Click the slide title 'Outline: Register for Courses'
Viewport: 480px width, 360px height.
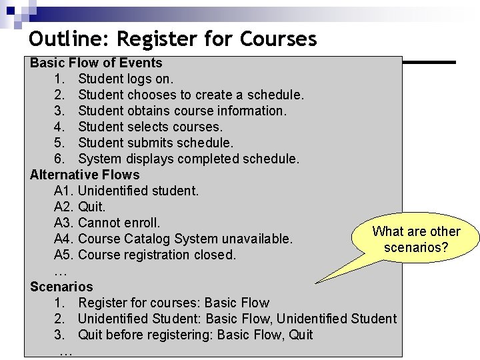(173, 39)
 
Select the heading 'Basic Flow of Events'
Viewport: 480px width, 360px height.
(96, 63)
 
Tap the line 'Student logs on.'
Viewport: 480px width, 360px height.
(125, 79)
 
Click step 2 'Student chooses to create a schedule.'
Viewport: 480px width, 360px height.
(191, 95)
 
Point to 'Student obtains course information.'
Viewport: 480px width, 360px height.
(182, 111)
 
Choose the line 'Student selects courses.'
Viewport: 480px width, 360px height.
(150, 127)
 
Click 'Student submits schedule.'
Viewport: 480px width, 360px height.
(155, 143)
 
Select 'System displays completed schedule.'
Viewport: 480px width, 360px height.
(189, 159)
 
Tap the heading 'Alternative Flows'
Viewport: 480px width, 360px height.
(85, 175)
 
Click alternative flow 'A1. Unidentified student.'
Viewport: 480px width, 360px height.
(126, 191)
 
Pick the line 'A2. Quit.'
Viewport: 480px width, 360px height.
(80, 207)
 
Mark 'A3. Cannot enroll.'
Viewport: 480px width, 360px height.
(107, 223)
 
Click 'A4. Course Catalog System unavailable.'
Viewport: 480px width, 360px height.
(173, 239)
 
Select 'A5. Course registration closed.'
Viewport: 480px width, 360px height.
(145, 255)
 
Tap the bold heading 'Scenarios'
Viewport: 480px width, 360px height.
(61, 287)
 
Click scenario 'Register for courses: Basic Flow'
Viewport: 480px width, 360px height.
(173, 303)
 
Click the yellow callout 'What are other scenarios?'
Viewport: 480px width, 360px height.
(416, 239)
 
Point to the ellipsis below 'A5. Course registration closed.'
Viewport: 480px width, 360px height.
(60, 271)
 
